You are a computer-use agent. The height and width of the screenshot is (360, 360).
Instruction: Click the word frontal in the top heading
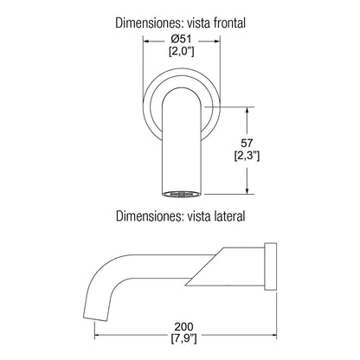[229, 22]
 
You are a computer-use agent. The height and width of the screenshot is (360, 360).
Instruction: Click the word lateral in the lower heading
[230, 215]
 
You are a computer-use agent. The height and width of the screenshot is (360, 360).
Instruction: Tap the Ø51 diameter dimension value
[181, 39]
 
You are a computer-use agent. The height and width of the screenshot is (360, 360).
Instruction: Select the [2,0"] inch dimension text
[181, 51]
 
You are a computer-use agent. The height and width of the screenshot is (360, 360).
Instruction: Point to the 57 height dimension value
[247, 143]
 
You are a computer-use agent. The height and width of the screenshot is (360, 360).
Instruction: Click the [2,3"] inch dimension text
[247, 156]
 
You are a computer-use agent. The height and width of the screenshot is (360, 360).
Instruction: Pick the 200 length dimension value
[183, 326]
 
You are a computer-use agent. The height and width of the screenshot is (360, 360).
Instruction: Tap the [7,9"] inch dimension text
[183, 338]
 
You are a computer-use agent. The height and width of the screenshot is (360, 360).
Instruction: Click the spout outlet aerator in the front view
[181, 194]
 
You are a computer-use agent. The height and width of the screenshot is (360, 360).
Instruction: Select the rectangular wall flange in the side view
[271, 267]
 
